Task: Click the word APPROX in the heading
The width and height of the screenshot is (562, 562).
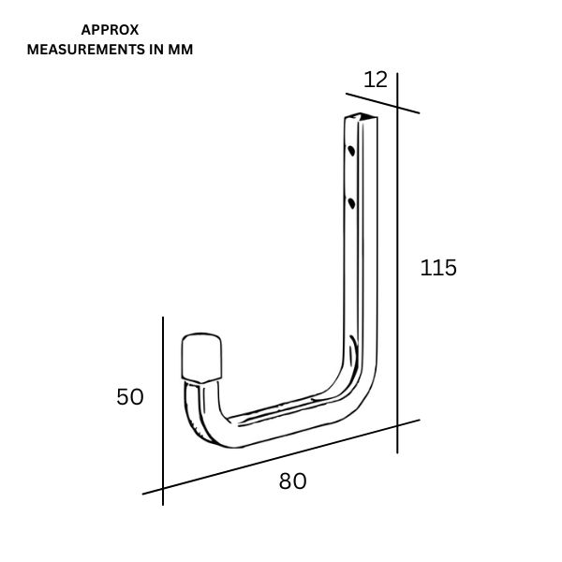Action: click(x=110, y=29)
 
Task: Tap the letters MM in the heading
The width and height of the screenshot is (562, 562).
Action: click(x=180, y=50)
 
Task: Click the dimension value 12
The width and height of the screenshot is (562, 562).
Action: click(x=375, y=80)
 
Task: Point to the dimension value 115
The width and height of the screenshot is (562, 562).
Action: click(x=437, y=268)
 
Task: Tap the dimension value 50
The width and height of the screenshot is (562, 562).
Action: click(x=130, y=397)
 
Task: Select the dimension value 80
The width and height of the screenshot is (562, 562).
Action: click(x=292, y=481)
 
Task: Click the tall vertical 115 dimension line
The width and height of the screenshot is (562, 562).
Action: click(x=398, y=281)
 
